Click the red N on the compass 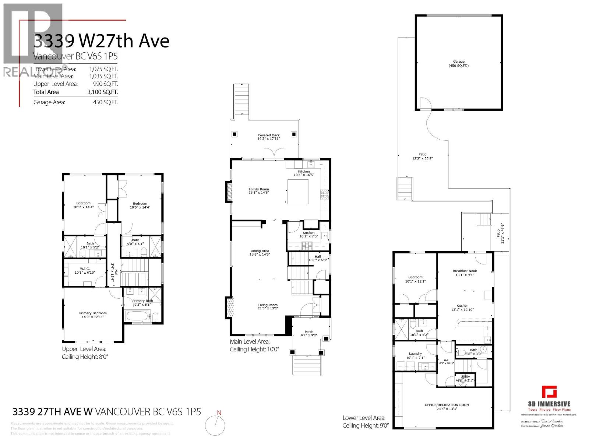click(219, 413)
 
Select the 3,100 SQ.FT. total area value click(103, 92)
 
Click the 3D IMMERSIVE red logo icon click(549, 392)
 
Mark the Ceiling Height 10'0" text click(254, 349)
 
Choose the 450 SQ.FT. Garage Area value click(105, 102)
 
